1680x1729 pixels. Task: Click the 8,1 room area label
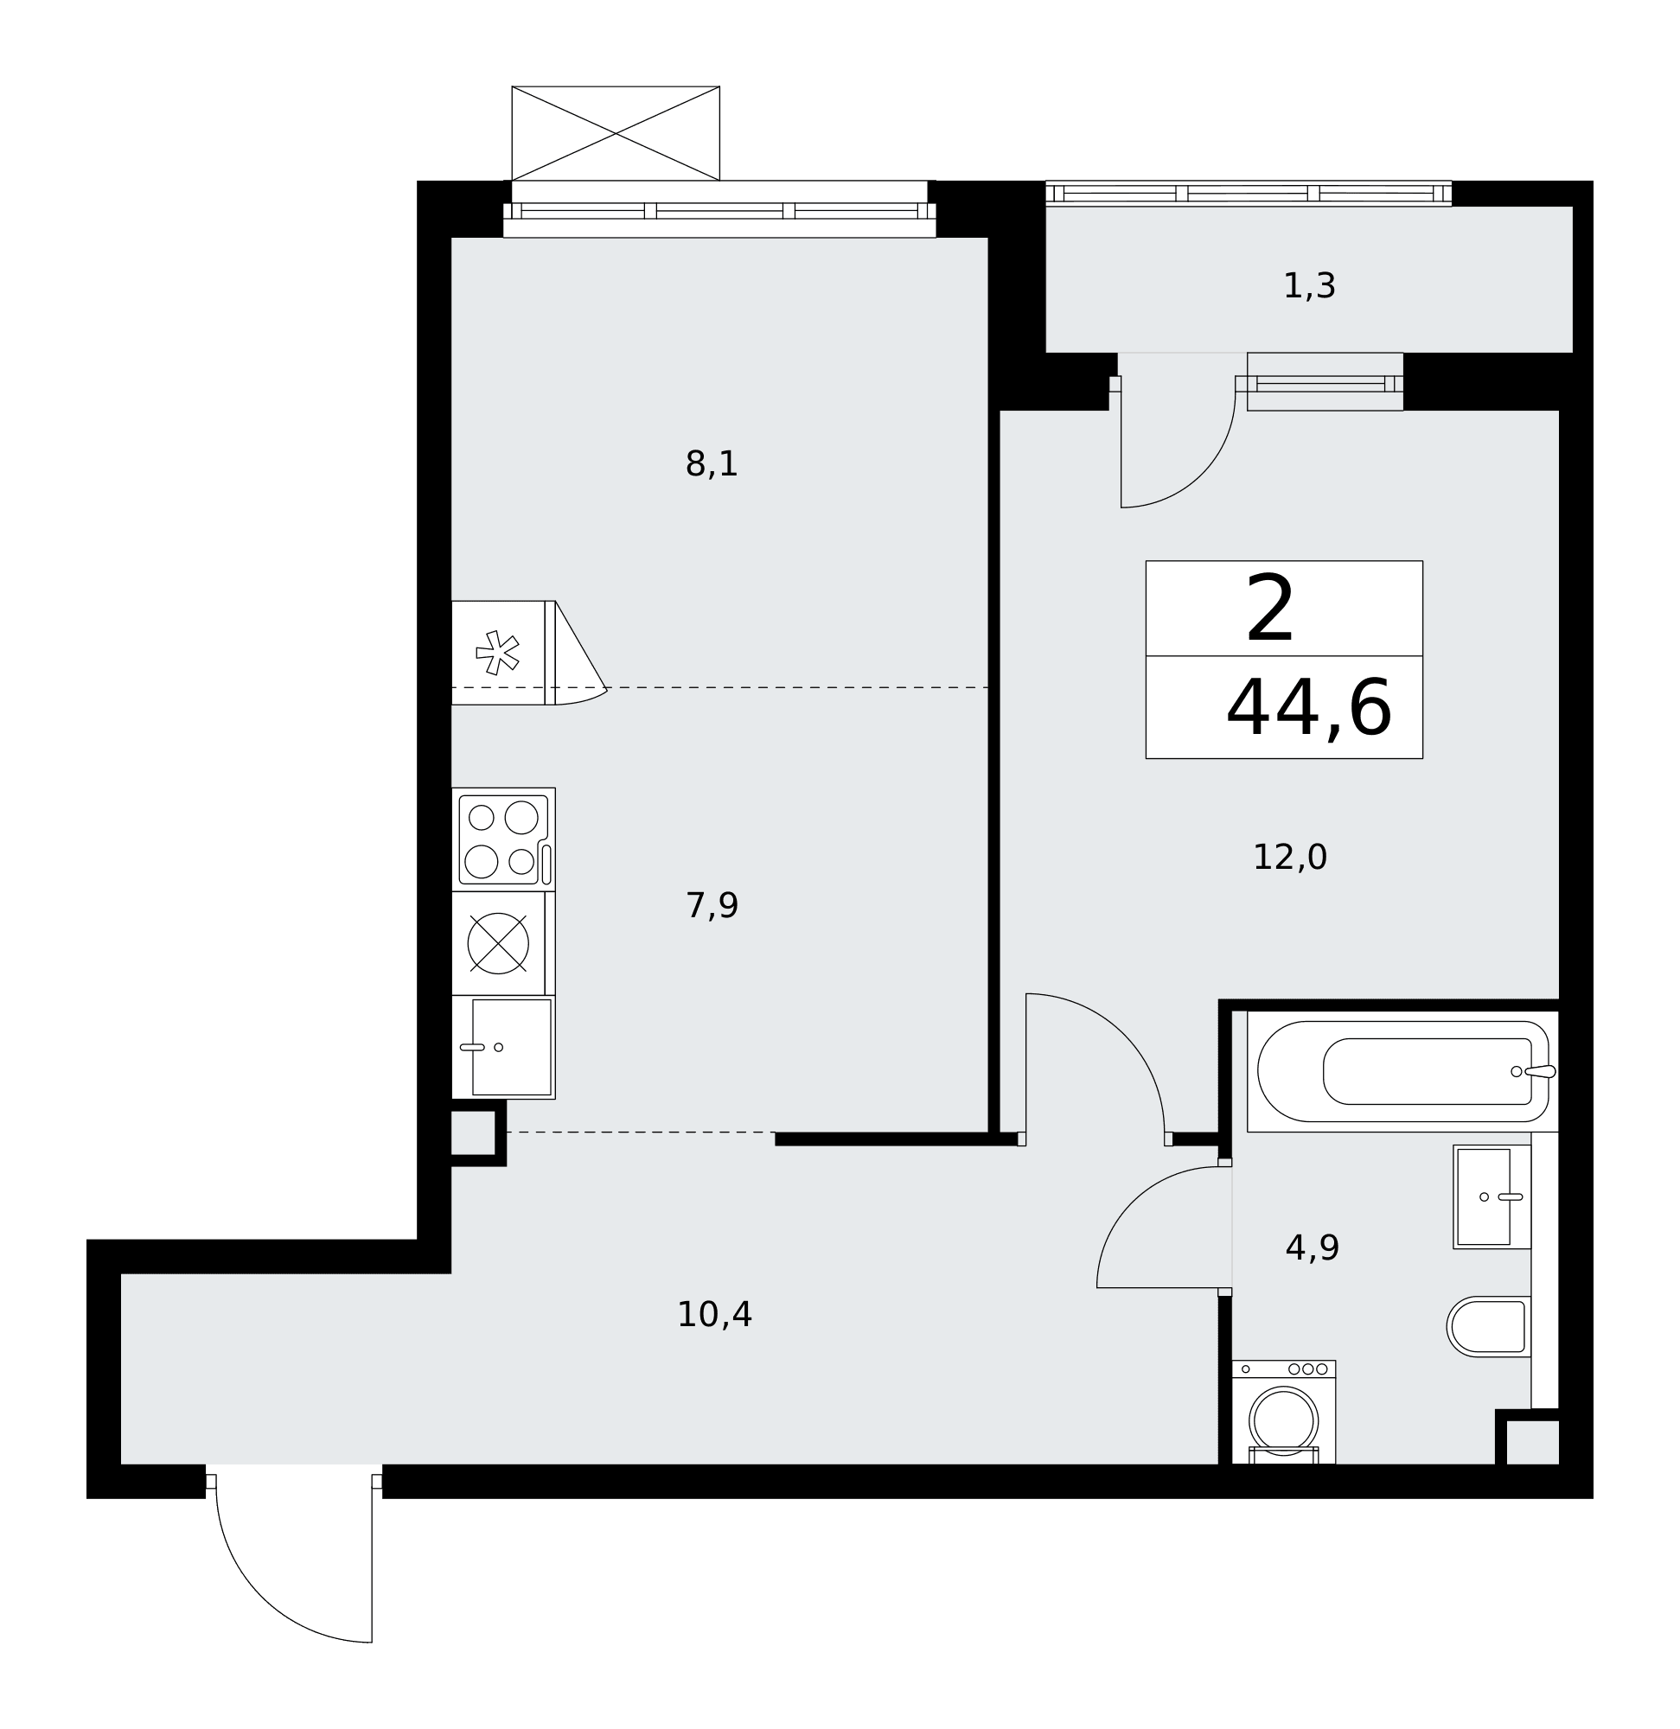[x=712, y=464]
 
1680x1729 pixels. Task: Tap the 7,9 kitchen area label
[x=712, y=906]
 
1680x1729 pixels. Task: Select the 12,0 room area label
[x=1289, y=858]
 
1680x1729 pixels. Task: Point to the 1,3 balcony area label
[x=1308, y=286]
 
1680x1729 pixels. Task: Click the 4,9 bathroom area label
[x=1312, y=1248]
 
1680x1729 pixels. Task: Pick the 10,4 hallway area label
[x=714, y=1315]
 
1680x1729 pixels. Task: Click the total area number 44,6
[x=1308, y=708]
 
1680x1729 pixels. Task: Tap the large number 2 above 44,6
[x=1269, y=609]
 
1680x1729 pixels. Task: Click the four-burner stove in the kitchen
[x=503, y=839]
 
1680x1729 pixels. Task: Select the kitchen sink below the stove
[x=503, y=1047]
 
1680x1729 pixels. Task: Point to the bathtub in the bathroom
[x=1402, y=1071]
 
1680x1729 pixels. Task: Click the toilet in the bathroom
[x=1489, y=1327]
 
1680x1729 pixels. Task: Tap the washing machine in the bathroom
[x=1283, y=1413]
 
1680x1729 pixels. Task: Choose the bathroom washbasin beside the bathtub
[x=1492, y=1197]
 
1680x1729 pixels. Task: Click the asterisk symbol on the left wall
[x=497, y=653]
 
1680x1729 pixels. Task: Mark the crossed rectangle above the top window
[x=615, y=133]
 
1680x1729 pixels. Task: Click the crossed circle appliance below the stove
[x=498, y=943]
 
